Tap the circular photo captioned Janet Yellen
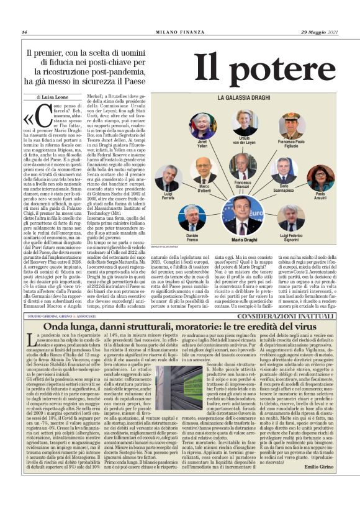(202, 125)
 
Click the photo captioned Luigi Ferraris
(168, 178)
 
